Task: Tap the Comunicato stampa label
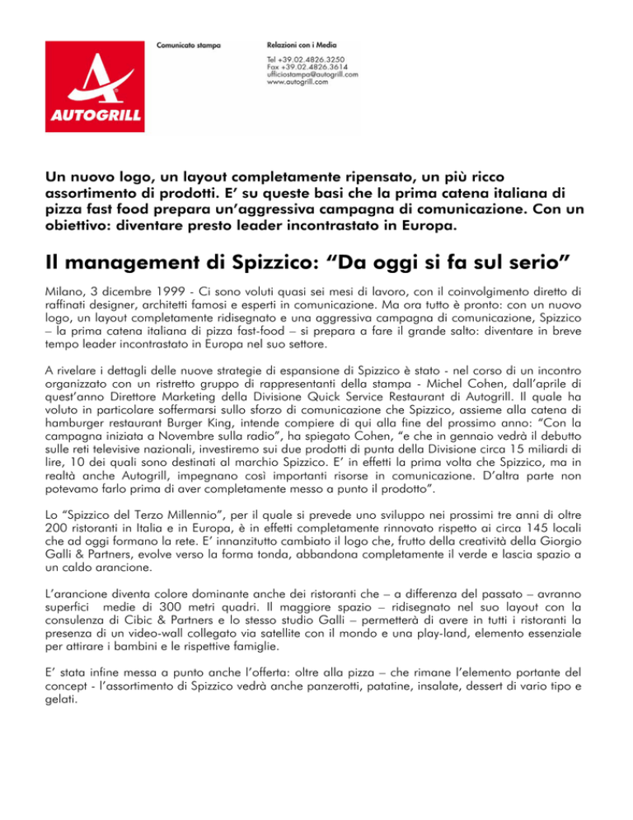(x=189, y=42)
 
